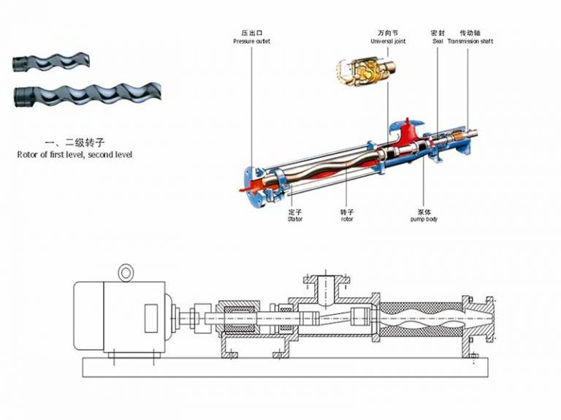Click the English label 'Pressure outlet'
pos(252,42)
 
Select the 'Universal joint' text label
pos(388,42)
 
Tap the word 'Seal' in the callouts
pos(438,42)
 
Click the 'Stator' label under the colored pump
pos(294,218)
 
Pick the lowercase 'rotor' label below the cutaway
pos(346,218)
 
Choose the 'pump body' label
pos(423,218)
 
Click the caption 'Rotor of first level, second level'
pos(75,155)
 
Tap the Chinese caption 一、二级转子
pos(75,143)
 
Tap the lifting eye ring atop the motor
pos(127,272)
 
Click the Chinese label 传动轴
pos(470,34)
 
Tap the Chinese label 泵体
pos(423,210)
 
